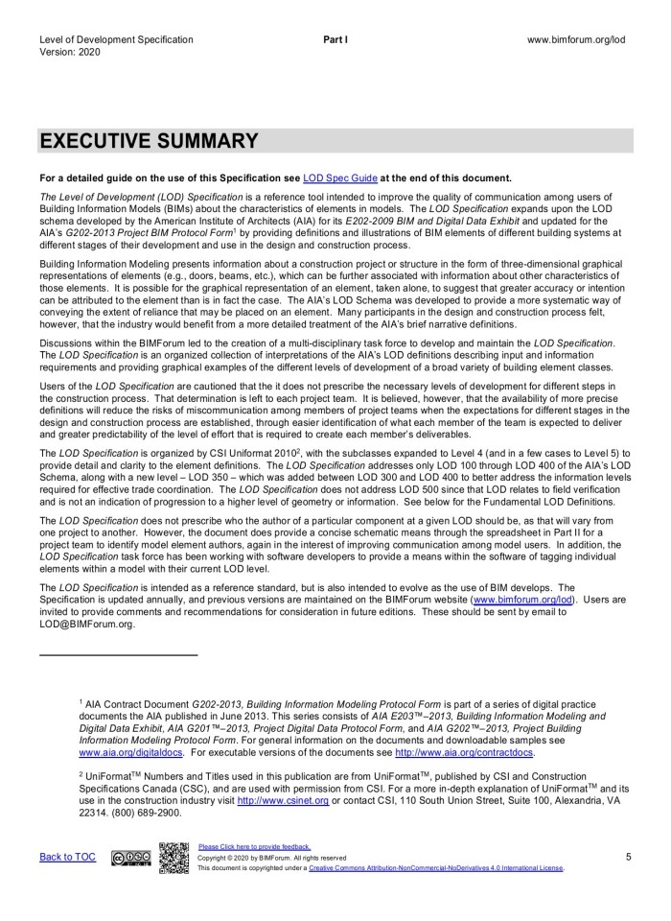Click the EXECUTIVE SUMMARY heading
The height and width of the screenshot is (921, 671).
point(149,142)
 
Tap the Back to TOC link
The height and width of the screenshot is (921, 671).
point(67,857)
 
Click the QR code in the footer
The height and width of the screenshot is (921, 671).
point(174,857)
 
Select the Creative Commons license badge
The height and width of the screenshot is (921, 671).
point(131,858)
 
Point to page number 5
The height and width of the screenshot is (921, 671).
point(629,857)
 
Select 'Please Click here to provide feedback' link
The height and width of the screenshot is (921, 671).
point(254,846)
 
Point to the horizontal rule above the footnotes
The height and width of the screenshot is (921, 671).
point(118,655)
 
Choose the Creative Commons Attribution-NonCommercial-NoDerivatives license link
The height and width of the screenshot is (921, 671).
point(436,868)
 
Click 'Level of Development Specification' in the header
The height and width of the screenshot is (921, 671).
point(116,40)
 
